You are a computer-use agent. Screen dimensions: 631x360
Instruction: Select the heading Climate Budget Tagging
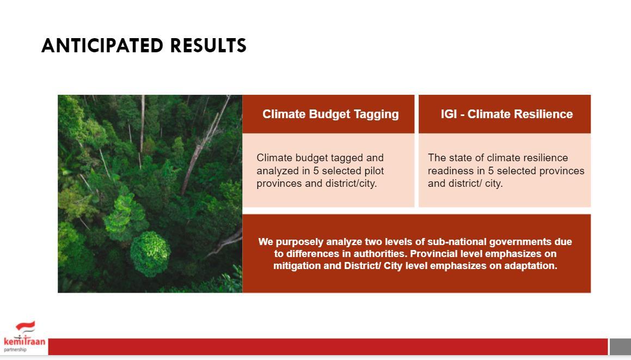point(330,114)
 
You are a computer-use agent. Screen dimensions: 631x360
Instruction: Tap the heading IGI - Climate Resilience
point(507,114)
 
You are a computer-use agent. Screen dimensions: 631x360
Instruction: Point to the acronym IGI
point(449,114)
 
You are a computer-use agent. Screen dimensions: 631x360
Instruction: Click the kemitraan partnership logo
point(24,337)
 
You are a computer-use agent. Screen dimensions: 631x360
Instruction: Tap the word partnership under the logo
point(15,350)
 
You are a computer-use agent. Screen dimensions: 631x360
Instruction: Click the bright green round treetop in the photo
point(150,254)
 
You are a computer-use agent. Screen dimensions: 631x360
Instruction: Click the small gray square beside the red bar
point(620,347)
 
